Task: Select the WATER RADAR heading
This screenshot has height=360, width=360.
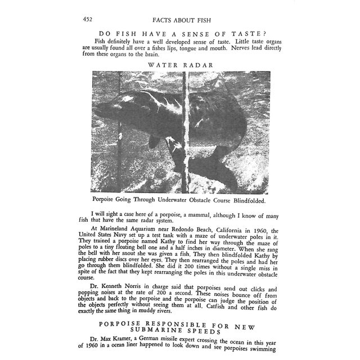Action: click(x=180, y=65)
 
